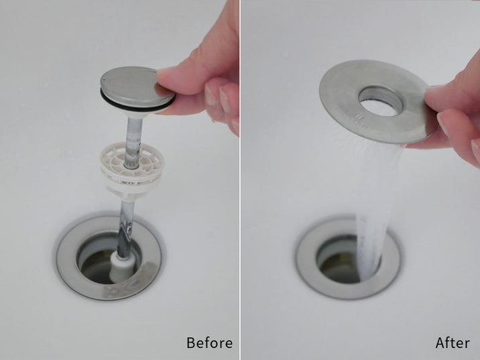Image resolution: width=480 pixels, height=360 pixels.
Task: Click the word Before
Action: click(x=209, y=343)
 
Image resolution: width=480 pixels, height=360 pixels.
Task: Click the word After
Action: click(x=453, y=343)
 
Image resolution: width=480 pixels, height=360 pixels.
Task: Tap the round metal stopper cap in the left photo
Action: click(x=137, y=86)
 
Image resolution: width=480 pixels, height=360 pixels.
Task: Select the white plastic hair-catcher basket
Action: click(x=132, y=170)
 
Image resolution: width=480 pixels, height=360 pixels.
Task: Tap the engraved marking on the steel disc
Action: click(x=360, y=121)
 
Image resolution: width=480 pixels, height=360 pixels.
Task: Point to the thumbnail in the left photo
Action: click(x=212, y=95)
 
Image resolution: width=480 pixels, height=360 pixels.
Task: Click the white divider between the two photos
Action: click(x=240, y=180)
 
